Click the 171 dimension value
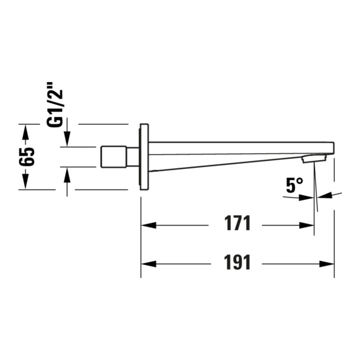(x=237, y=223)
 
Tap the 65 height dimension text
(x=27, y=157)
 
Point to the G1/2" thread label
(x=55, y=104)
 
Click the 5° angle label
(x=294, y=185)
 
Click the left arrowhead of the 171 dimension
(x=149, y=225)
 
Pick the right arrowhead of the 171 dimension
(x=306, y=225)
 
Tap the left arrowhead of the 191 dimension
(x=149, y=264)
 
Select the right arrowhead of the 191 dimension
(x=326, y=264)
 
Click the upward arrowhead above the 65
(x=25, y=132)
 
